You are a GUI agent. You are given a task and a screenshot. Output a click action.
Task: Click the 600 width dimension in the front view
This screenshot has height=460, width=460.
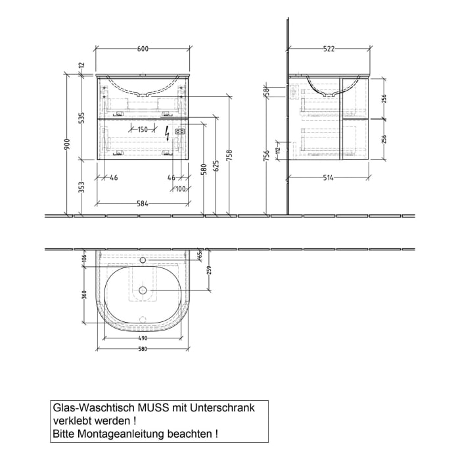click(143, 49)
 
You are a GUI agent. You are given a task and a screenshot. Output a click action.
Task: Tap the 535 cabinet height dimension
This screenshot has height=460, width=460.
click(81, 118)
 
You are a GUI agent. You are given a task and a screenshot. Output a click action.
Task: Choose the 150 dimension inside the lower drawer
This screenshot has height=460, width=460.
click(143, 129)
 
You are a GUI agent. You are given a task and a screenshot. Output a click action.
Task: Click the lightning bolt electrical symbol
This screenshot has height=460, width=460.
click(168, 133)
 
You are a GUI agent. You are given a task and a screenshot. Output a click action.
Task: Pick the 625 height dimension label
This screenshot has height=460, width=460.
click(216, 170)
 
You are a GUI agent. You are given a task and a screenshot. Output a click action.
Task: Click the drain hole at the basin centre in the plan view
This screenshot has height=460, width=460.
click(143, 290)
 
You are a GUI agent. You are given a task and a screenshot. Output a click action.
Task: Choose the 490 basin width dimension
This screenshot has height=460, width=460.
click(143, 338)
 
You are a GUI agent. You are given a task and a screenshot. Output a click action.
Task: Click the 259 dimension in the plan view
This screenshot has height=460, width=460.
click(209, 269)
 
